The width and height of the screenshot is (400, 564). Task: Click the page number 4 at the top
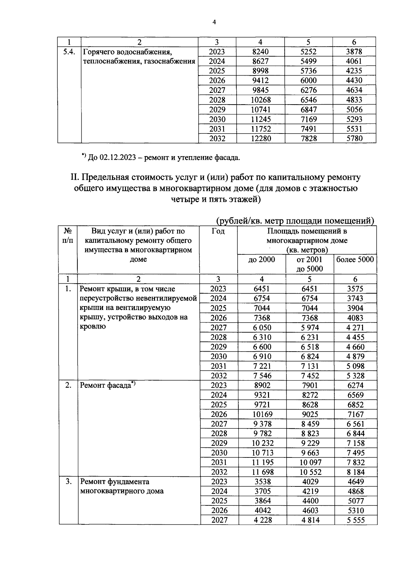click(214, 22)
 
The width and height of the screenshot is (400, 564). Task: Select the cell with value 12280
click(261, 139)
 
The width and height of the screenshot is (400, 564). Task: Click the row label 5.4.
click(69, 52)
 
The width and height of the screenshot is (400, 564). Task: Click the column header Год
click(218, 231)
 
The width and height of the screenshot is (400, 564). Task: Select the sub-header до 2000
click(262, 260)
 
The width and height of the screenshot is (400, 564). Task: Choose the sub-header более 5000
click(355, 260)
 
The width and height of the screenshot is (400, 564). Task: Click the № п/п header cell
click(68, 235)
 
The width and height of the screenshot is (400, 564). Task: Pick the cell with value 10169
click(262, 415)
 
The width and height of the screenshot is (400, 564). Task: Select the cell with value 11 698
click(262, 472)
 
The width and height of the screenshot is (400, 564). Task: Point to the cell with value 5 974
click(309, 328)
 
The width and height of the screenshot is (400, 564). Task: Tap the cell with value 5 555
click(355, 520)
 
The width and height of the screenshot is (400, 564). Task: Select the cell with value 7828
click(309, 139)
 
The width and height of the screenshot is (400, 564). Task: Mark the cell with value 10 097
click(309, 462)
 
